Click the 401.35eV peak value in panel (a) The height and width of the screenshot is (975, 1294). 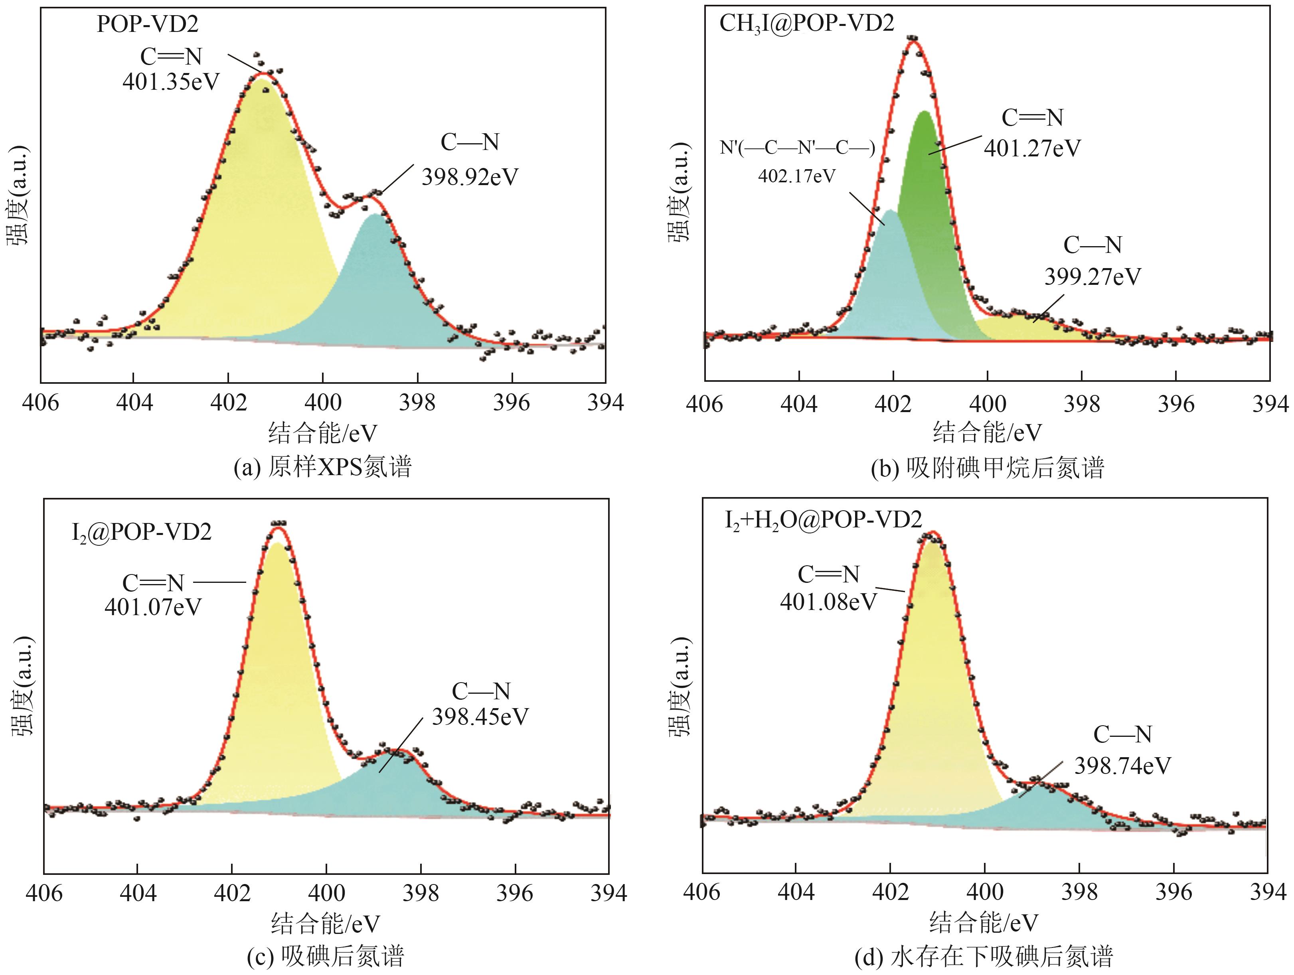click(x=170, y=82)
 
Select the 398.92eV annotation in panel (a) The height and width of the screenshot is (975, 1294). click(x=470, y=177)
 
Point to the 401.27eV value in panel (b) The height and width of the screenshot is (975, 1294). click(x=1032, y=148)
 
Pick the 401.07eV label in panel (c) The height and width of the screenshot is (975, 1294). click(x=153, y=607)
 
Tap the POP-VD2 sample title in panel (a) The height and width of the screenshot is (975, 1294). click(x=147, y=24)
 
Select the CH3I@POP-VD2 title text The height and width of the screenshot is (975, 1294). click(x=806, y=24)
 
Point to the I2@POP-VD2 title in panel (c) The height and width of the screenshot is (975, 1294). click(x=142, y=532)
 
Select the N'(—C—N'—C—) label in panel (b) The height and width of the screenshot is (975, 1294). click(x=797, y=148)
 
